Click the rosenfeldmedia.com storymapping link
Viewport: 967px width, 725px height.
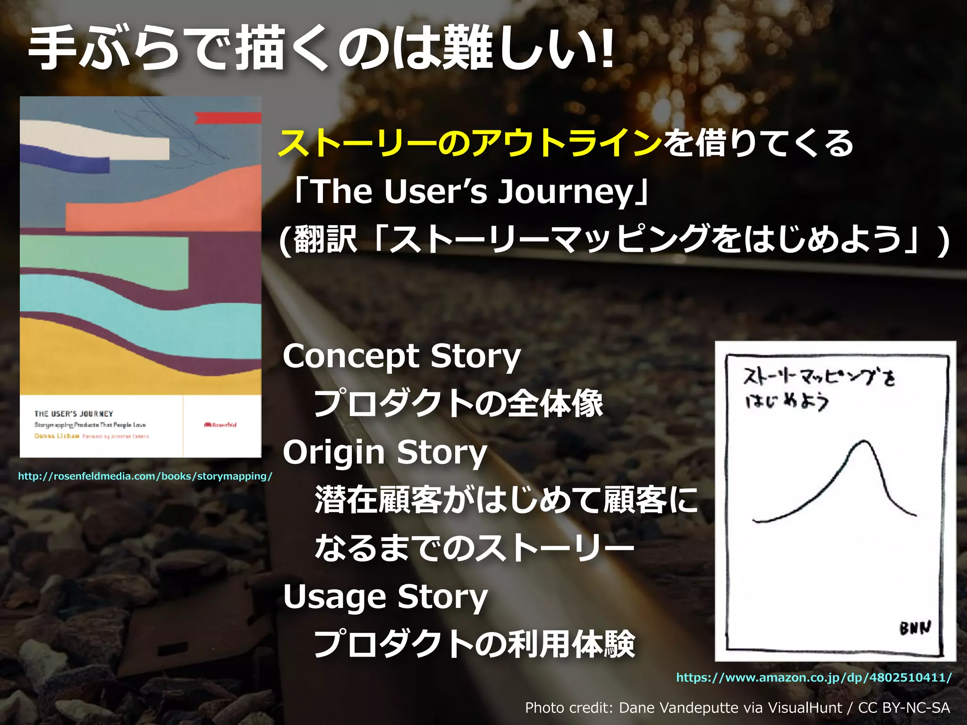pos(145,476)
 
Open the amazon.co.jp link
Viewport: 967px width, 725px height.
pos(814,677)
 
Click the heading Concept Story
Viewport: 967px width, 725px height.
pos(401,356)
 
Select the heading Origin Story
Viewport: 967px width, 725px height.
pos(385,453)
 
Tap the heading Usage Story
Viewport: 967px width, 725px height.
pos(385,597)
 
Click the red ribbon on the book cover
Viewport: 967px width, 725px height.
pos(228,118)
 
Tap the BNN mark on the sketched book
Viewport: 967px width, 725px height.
pos(915,628)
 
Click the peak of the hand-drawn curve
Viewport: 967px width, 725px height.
pos(864,442)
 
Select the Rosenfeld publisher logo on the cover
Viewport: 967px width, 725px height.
pos(220,425)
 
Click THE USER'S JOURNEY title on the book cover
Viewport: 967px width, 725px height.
pos(74,414)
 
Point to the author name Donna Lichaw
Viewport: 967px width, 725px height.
pos(57,436)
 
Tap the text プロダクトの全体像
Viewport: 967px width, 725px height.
pos(458,404)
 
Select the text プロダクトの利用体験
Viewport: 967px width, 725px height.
pos(475,644)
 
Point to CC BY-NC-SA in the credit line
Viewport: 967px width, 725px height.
pos(904,708)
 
